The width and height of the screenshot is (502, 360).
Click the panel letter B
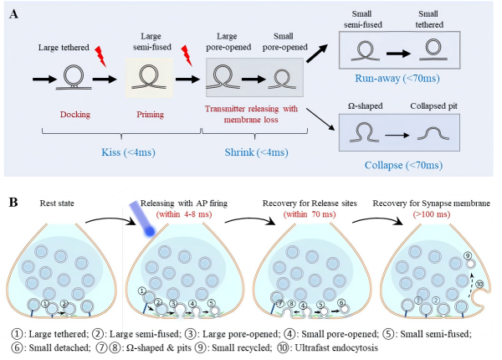tap(13, 203)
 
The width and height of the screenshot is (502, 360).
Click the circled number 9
tap(467, 255)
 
